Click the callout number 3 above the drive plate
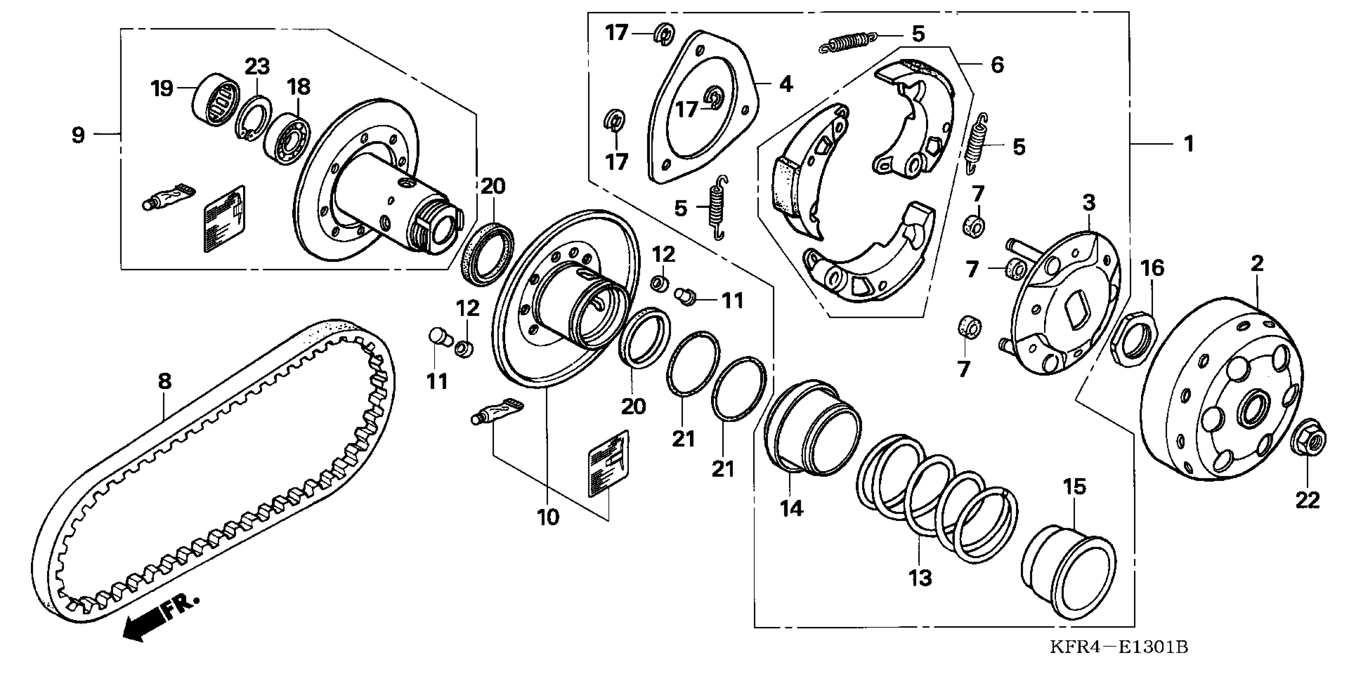click(1089, 203)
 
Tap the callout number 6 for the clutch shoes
click(997, 65)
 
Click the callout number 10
click(548, 517)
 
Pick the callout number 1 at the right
click(1189, 143)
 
